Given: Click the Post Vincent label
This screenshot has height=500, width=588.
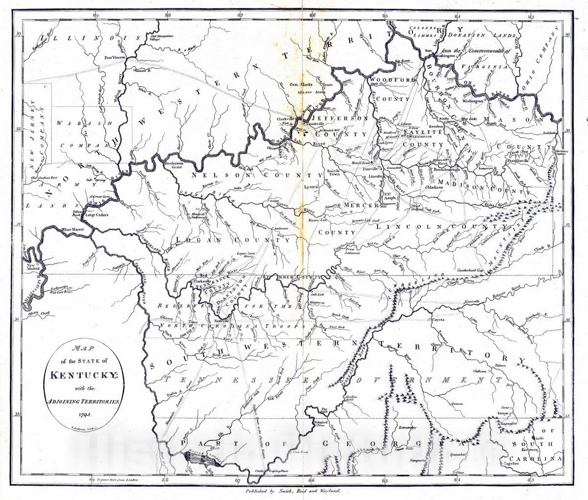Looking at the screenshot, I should coord(115,58).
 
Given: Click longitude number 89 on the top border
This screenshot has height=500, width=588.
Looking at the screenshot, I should coord(96,15).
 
